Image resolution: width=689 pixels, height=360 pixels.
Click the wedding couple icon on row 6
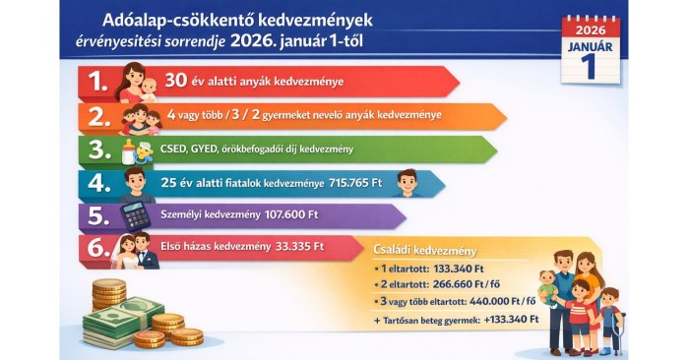(136, 251)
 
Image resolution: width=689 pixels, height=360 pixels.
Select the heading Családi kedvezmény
(425, 250)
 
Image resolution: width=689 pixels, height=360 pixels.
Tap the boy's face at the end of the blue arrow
(406, 183)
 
